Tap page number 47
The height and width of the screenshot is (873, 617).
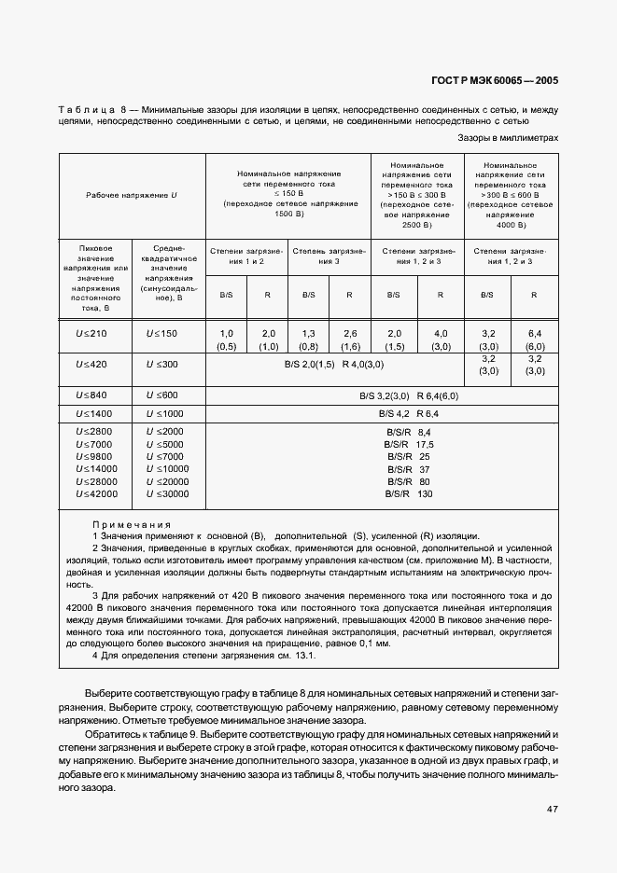pos(552,808)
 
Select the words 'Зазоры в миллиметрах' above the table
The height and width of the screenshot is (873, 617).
pos(508,137)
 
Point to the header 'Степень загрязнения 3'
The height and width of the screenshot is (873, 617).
pos(329,256)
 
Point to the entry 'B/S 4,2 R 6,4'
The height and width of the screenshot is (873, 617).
pos(407,412)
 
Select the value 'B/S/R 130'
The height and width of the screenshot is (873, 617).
pos(409,493)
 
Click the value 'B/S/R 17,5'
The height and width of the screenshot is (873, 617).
pos(409,445)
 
